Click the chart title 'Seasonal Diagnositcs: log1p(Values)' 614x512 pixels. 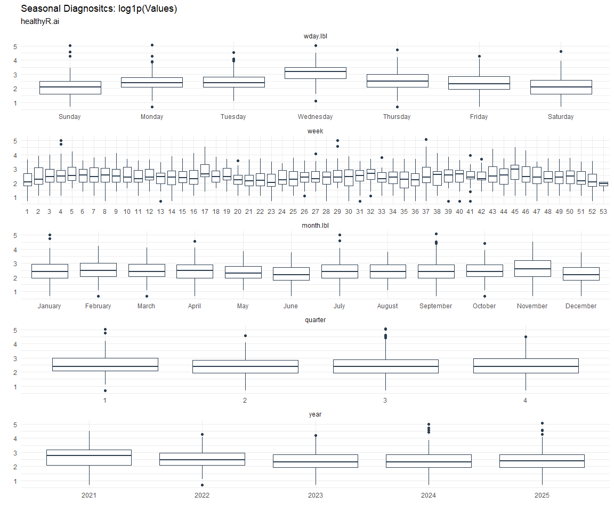click(99, 9)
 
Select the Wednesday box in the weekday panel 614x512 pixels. click(315, 73)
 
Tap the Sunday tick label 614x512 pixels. click(70, 117)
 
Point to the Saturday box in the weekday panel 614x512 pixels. click(561, 87)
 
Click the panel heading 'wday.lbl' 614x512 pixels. click(315, 36)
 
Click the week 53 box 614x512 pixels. click(603, 183)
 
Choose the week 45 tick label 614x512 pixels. click(514, 212)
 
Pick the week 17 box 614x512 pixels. click(205, 170)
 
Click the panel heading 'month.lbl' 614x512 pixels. click(315, 226)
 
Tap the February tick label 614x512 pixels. click(98, 306)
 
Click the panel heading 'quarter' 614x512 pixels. click(315, 320)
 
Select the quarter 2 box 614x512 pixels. click(245, 366)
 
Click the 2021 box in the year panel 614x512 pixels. click(89, 458)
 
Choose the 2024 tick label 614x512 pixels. click(428, 495)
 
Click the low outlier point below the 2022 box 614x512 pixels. click(202, 485)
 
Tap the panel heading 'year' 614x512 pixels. click(315, 414)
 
